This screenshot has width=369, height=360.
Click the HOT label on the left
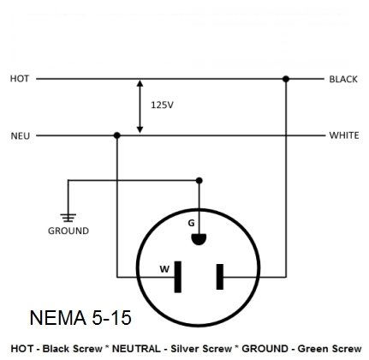[x=20, y=79]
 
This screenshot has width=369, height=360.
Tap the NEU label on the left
[x=21, y=135]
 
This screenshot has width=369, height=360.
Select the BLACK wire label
[x=343, y=79]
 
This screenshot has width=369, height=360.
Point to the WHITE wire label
[x=344, y=135]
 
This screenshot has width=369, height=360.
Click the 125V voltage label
[x=162, y=105]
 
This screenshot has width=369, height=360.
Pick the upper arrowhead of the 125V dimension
[x=140, y=83]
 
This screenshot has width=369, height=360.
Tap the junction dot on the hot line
[x=286, y=79]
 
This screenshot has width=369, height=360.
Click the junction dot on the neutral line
[x=116, y=135]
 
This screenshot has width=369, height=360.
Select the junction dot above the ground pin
[x=199, y=181]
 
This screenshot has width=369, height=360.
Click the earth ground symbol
[x=68, y=218]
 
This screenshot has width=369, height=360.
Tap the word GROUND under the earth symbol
[x=68, y=231]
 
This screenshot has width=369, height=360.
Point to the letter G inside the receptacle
[x=191, y=223]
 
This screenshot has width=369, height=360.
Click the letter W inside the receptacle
[x=164, y=269]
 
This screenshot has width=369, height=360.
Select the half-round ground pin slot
[x=199, y=239]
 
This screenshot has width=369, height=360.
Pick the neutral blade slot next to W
[x=178, y=277]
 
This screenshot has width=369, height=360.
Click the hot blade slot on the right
[x=220, y=277]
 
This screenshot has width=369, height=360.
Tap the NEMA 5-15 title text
[x=80, y=317]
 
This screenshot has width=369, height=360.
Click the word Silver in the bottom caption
[x=187, y=349]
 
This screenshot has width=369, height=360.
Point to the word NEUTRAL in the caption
[x=136, y=349]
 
